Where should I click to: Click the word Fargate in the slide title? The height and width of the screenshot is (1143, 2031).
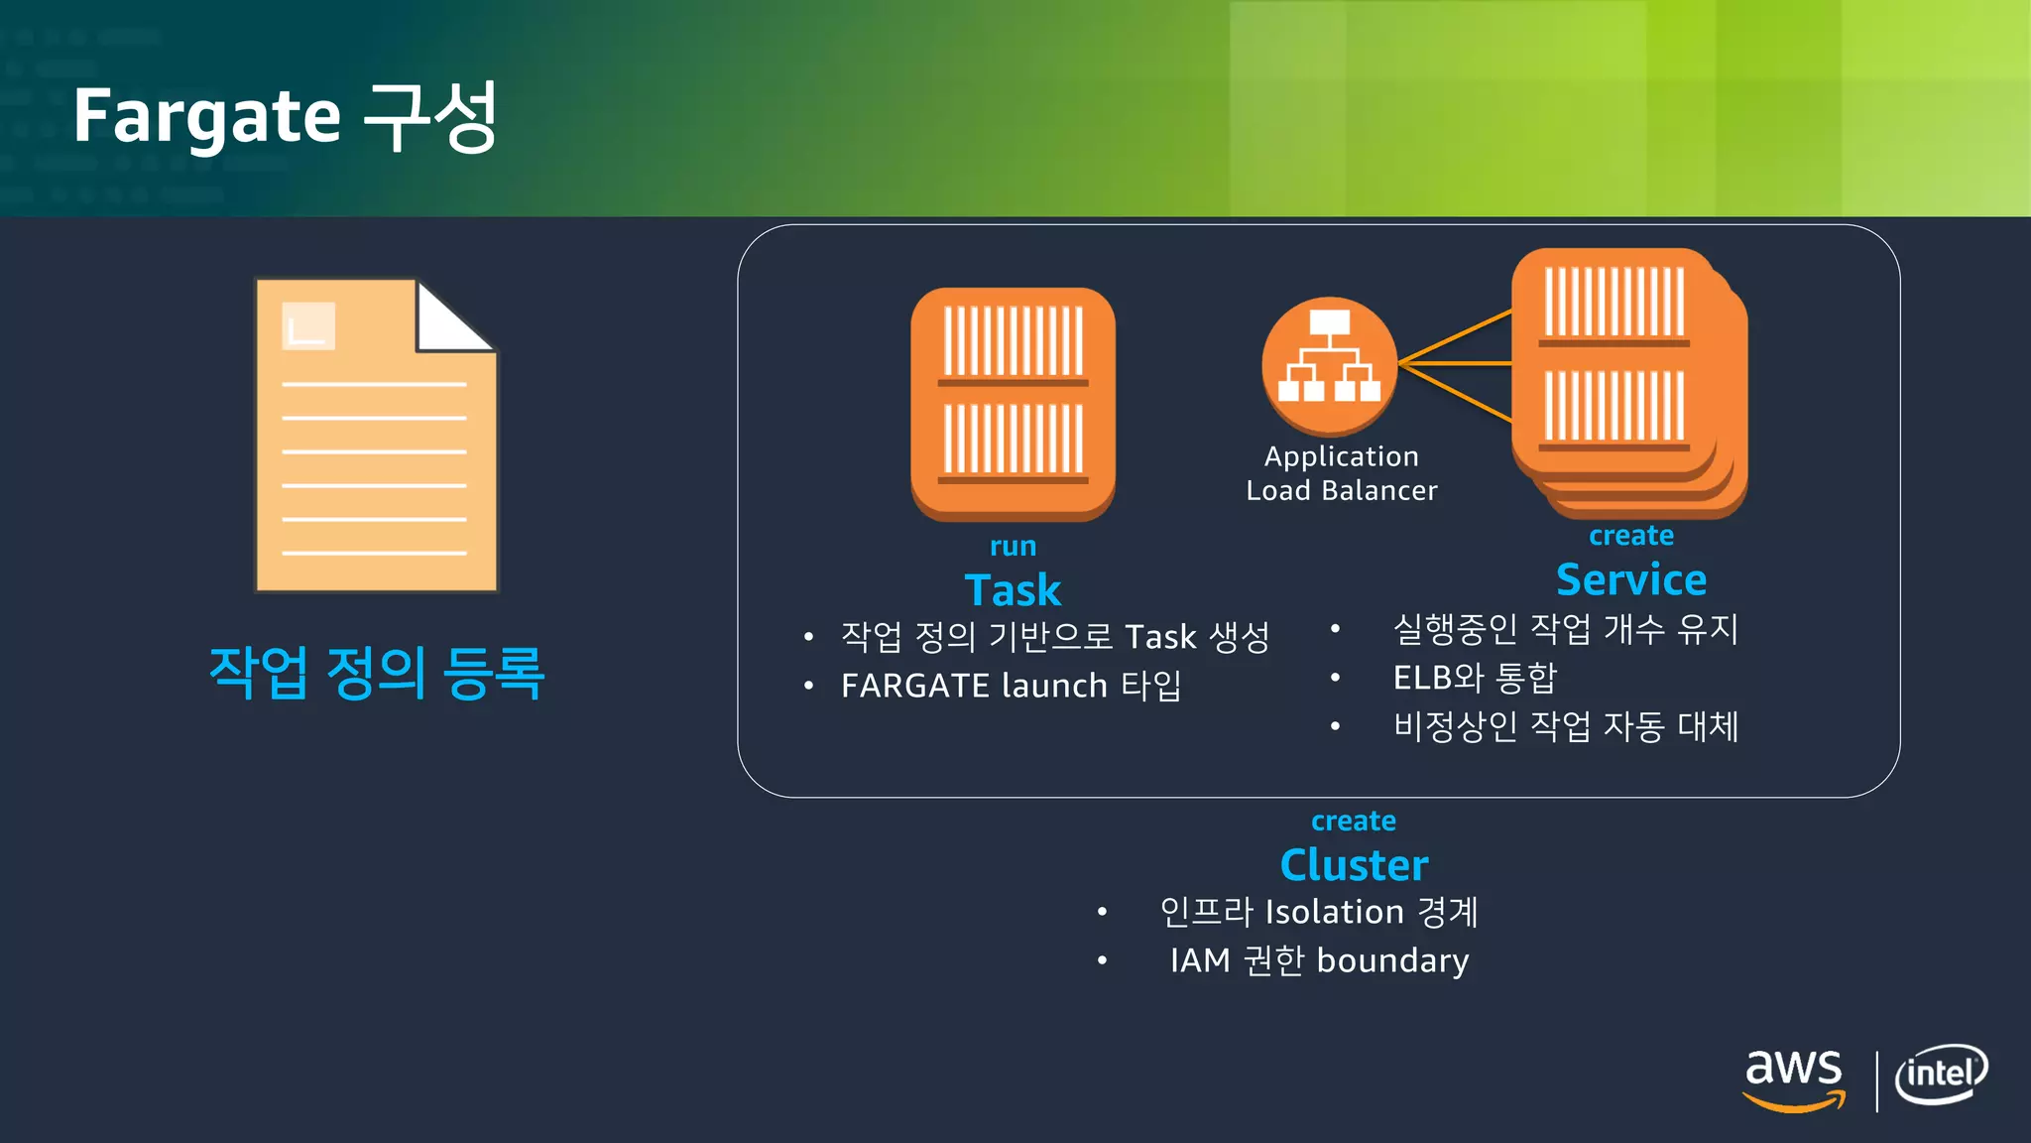click(206, 117)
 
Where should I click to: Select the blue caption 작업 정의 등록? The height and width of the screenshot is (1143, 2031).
click(377, 673)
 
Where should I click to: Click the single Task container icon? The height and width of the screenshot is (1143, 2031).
click(1013, 403)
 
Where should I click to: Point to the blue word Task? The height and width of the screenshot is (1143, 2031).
click(1013, 590)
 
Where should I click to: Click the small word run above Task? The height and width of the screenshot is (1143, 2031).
click(1013, 547)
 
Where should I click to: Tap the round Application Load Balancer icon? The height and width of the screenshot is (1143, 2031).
click(1329, 365)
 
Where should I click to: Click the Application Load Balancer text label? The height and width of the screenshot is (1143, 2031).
click(1341, 473)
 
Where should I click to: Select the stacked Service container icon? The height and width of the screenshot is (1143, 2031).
click(1626, 382)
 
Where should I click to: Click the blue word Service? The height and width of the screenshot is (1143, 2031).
click(1631, 579)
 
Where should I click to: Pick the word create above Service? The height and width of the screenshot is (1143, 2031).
click(1631, 536)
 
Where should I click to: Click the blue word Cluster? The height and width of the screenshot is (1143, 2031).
click(1354, 865)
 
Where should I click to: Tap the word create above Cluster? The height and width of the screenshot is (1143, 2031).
click(1354, 822)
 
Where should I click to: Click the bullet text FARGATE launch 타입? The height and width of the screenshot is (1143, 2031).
click(1011, 686)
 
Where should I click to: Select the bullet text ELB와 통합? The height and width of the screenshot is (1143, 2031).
click(1475, 678)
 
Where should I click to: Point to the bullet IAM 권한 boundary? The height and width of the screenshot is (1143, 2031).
click(1319, 960)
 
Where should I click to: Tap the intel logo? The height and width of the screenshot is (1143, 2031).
click(1941, 1075)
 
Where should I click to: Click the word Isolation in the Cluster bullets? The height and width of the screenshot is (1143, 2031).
click(1335, 912)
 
